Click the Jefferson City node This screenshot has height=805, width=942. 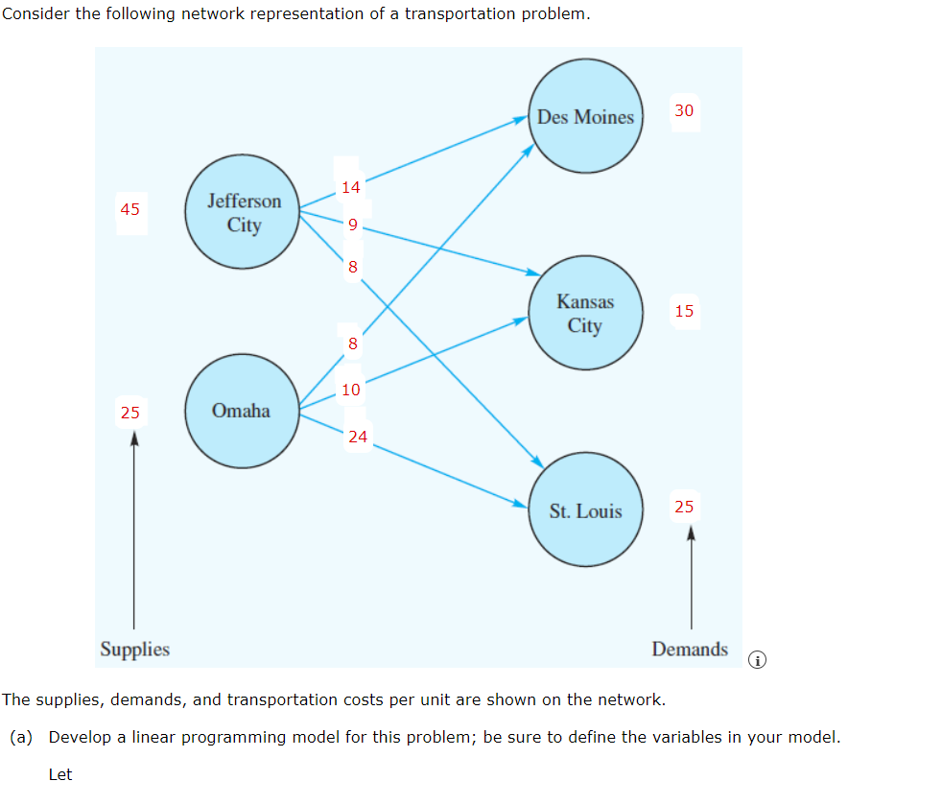tap(244, 212)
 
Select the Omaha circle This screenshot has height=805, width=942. tap(242, 411)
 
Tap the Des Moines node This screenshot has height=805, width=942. tap(585, 117)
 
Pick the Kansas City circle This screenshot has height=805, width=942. tap(585, 314)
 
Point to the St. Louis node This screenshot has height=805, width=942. tap(585, 510)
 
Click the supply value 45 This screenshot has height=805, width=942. tap(130, 208)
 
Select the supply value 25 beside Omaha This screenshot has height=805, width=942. tap(130, 413)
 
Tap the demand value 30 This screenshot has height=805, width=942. tap(684, 110)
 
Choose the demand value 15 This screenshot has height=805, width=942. tap(684, 311)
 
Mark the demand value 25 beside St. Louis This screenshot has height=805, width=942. tap(684, 507)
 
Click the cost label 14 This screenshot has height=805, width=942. tap(351, 187)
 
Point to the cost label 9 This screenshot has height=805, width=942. tap(353, 225)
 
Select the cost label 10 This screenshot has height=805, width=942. tap(351, 390)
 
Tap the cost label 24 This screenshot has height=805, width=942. tap(358, 437)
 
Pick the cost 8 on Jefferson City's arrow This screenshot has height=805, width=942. tap(353, 267)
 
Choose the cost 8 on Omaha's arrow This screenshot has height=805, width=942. tap(353, 343)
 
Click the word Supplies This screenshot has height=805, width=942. tap(135, 650)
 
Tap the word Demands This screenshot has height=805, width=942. tap(690, 650)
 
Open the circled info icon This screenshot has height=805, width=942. tap(758, 660)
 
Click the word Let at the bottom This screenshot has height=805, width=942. tap(60, 774)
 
